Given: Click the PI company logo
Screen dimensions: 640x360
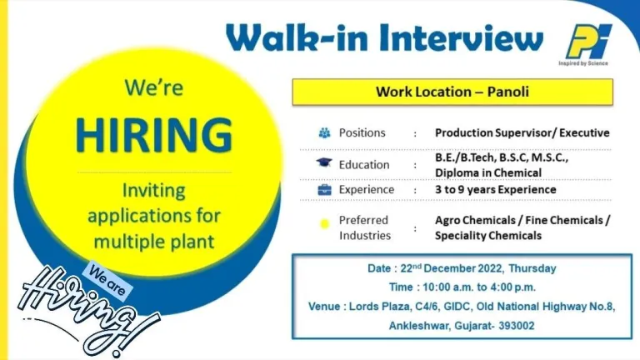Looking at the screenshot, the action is pyautogui.click(x=588, y=42).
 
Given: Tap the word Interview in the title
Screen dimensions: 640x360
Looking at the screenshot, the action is pyautogui.click(x=461, y=37).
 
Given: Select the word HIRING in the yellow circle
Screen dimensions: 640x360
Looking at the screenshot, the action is pyautogui.click(x=154, y=135).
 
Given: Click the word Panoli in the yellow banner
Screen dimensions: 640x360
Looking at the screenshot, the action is pyautogui.click(x=508, y=92).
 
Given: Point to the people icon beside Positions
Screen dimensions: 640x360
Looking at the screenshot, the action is pyautogui.click(x=324, y=132).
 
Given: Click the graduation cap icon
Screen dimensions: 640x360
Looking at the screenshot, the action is pyautogui.click(x=324, y=162).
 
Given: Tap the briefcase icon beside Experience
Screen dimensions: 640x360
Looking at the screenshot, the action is pyautogui.click(x=324, y=190).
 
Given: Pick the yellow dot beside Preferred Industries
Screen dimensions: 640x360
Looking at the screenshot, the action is pyautogui.click(x=324, y=223).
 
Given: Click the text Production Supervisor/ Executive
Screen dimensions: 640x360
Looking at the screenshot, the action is pyautogui.click(x=522, y=132).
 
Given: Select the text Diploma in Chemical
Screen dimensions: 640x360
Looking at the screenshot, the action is pyautogui.click(x=488, y=172).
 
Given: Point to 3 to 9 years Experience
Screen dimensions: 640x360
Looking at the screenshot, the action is pyautogui.click(x=496, y=189).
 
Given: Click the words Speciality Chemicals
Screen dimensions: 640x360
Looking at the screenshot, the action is pyautogui.click(x=488, y=236).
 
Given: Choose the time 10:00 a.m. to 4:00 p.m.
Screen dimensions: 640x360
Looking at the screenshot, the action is pyautogui.click(x=479, y=287).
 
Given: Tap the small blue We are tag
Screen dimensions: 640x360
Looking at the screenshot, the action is pyautogui.click(x=107, y=280).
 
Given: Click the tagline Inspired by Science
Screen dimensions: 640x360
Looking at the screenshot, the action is pyautogui.click(x=583, y=63).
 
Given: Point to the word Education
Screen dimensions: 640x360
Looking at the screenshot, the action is pyautogui.click(x=364, y=164).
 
